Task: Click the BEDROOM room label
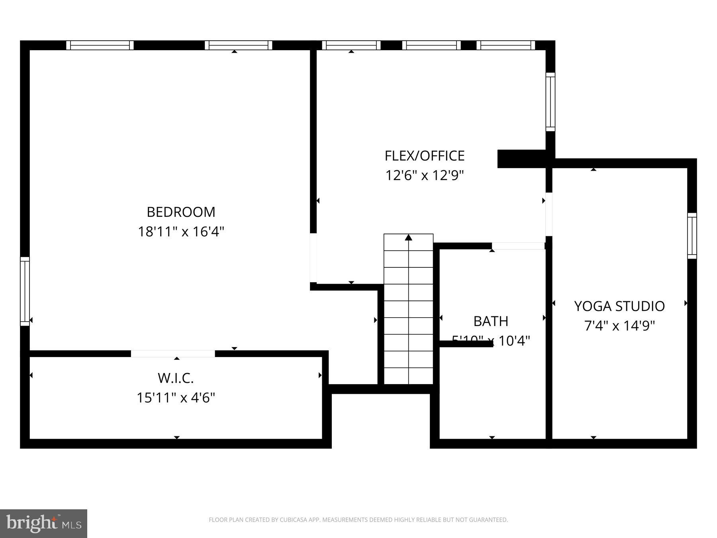click(x=181, y=212)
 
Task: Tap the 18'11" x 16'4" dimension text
click(x=181, y=232)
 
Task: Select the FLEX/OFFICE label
click(x=424, y=156)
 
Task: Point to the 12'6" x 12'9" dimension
click(x=424, y=175)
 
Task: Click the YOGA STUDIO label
click(x=619, y=306)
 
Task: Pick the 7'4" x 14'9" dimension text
click(x=619, y=326)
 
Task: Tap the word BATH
click(x=490, y=321)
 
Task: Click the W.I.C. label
click(x=176, y=378)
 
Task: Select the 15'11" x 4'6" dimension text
click(x=176, y=398)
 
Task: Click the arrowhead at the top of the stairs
click(x=408, y=238)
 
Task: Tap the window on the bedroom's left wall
click(x=25, y=291)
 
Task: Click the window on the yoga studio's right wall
click(x=692, y=236)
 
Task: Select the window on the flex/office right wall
click(x=550, y=102)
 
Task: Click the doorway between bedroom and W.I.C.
click(x=173, y=353)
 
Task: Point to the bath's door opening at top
click(x=518, y=246)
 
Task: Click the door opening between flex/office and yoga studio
click(x=549, y=214)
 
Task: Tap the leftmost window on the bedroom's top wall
click(x=100, y=45)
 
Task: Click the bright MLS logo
click(x=43, y=523)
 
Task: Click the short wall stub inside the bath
click(x=466, y=344)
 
